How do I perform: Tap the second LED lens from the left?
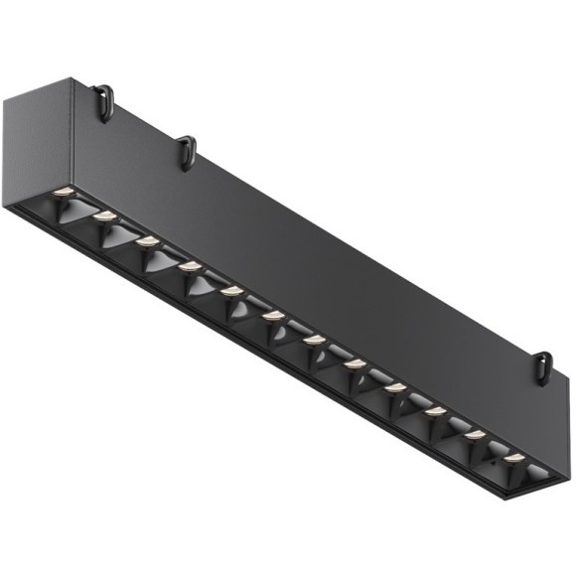(x=105, y=215)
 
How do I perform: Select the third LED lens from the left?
(x=147, y=240)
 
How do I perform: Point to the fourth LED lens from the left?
(x=190, y=266)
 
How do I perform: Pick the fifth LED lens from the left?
(x=231, y=291)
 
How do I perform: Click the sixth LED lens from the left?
(x=273, y=316)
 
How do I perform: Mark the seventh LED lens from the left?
(x=314, y=341)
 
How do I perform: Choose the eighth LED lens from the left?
(x=355, y=364)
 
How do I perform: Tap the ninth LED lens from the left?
(x=395, y=387)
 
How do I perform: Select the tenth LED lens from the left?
(x=435, y=411)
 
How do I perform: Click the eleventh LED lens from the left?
(x=475, y=434)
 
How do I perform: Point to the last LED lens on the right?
(x=513, y=458)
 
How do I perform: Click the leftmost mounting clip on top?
(x=103, y=99)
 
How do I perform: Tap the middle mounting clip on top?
(x=186, y=151)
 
